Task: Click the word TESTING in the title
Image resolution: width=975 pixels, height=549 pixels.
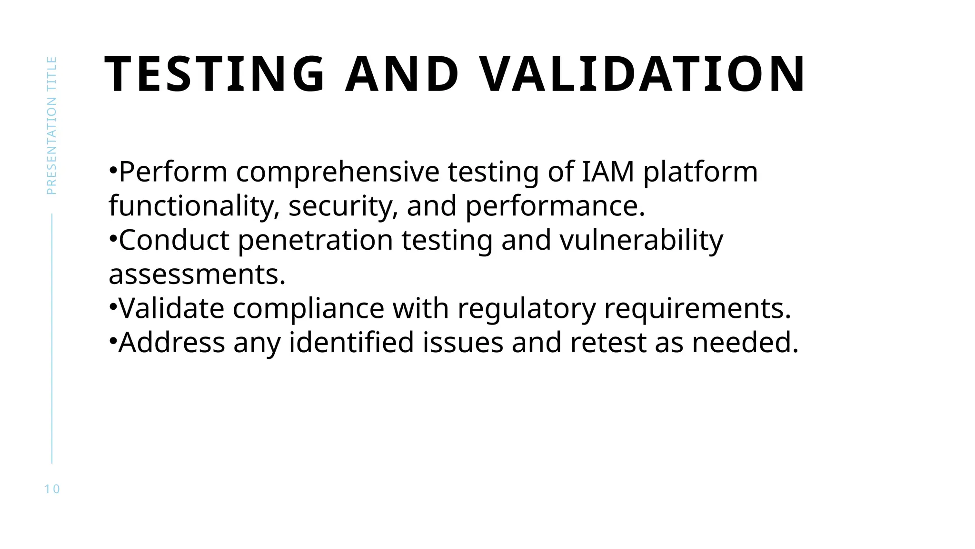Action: pos(215,74)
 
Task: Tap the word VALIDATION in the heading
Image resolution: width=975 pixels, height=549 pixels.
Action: pos(642,74)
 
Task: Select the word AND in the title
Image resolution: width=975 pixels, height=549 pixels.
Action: pos(402,74)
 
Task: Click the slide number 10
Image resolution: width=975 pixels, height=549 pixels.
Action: pos(52,489)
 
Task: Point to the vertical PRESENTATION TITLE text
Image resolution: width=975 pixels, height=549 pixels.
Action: pos(51,125)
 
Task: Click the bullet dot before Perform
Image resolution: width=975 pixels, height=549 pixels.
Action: pos(113,170)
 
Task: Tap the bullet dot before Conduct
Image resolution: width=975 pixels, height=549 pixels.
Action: pos(113,238)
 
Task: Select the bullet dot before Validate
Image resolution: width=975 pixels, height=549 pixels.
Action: pos(113,306)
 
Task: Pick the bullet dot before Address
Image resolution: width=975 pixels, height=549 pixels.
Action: pos(113,341)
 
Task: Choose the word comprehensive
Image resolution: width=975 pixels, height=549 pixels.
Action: pos(338,173)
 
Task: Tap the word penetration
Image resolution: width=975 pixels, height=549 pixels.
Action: pos(315,241)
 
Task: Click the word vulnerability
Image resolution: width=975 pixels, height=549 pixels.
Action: pos(641,241)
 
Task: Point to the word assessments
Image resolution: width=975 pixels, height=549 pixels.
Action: pos(197,275)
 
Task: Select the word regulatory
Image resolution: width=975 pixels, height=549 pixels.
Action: pos(527,309)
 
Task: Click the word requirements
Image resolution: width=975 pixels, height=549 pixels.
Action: pos(697,309)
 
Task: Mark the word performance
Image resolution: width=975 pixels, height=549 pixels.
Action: pos(555,207)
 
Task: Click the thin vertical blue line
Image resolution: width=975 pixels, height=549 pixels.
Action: pos(52,338)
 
